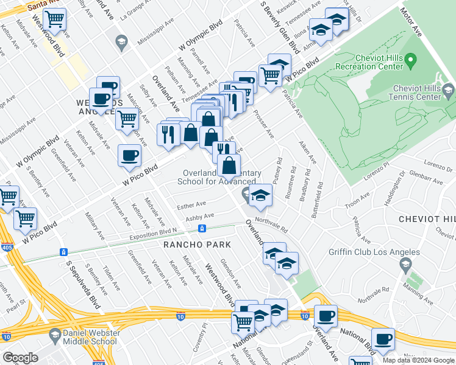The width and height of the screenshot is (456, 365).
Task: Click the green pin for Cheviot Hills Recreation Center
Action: (x=410, y=60)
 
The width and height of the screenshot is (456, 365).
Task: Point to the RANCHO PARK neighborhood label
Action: (x=197, y=245)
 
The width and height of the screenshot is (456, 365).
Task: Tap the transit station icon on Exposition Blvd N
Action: (x=202, y=229)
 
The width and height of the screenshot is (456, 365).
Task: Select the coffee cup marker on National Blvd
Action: (x=383, y=338)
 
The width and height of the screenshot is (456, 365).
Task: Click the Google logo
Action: (x=20, y=358)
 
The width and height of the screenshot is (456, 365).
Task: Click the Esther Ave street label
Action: (x=191, y=206)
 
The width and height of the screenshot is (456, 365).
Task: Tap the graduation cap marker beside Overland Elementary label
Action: (x=260, y=195)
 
